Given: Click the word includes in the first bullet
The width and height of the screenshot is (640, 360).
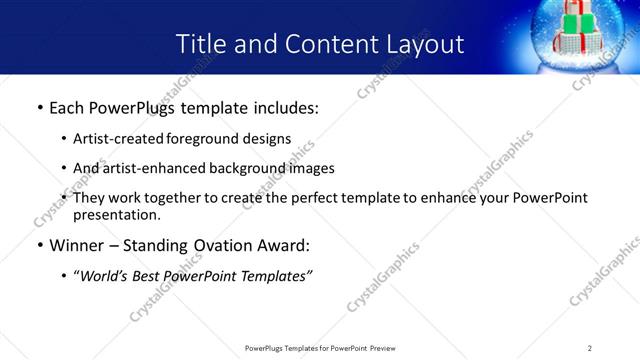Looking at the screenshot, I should pos(280,106).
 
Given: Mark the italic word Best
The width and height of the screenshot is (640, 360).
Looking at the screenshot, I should pos(148,276).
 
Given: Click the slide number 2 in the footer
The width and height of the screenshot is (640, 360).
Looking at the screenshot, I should pos(590,348).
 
